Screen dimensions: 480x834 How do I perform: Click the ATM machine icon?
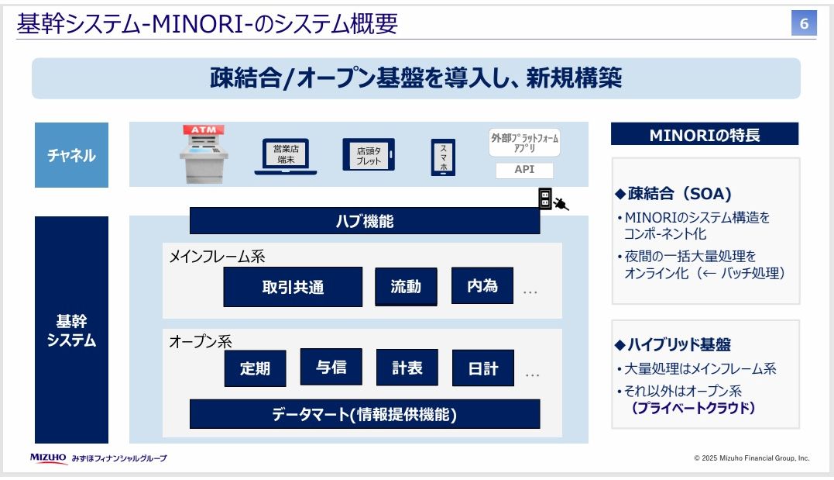click(x=204, y=153)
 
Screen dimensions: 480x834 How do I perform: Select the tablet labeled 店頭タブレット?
click(x=369, y=154)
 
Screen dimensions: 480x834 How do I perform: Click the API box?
click(x=525, y=170)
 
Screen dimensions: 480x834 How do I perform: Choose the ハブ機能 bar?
click(x=365, y=221)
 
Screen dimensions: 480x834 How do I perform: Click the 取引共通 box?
click(x=293, y=287)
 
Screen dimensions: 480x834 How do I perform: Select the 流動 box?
click(x=406, y=286)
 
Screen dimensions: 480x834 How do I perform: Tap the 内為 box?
click(x=482, y=285)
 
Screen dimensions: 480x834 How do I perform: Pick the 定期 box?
click(x=255, y=368)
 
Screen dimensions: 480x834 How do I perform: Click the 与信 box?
click(x=331, y=367)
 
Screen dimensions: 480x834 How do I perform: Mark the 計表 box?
click(x=407, y=368)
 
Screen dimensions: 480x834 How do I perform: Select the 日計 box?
click(x=482, y=368)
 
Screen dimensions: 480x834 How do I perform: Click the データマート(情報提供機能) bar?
click(x=365, y=414)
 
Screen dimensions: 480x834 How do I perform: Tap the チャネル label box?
click(x=71, y=155)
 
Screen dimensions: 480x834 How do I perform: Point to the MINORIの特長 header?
click(x=704, y=134)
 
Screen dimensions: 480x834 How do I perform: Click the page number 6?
click(x=803, y=23)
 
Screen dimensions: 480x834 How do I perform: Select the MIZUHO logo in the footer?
click(x=48, y=458)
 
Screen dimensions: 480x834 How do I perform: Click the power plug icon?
click(x=562, y=204)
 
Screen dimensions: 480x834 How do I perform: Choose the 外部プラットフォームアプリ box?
click(x=525, y=143)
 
